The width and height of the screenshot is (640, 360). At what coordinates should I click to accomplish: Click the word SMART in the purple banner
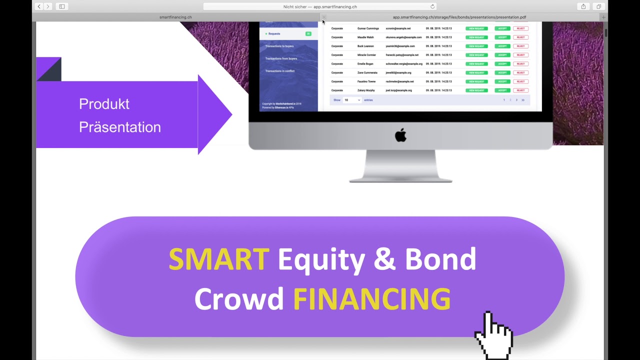[x=218, y=259]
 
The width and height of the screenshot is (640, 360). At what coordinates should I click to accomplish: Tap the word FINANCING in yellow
[x=371, y=299]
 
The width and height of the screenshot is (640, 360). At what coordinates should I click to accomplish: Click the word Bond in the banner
[x=440, y=259]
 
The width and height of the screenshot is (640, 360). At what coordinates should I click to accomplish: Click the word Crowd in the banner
[x=238, y=299]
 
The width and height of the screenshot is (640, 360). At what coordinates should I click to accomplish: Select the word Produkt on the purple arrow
[x=104, y=104]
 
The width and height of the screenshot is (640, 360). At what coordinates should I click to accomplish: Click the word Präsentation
[x=120, y=127]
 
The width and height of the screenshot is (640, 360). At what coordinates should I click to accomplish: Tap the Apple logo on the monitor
[x=400, y=135]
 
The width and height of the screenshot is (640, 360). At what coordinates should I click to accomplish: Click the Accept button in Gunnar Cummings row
[x=502, y=28]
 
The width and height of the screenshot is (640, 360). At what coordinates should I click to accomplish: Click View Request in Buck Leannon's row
[x=476, y=46]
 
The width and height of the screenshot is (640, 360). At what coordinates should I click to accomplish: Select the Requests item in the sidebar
[x=274, y=33]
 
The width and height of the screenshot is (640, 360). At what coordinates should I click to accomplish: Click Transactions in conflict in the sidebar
[x=280, y=71]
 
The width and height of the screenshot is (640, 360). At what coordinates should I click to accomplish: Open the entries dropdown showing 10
[x=352, y=100]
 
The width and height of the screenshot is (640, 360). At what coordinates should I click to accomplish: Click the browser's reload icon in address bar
[x=432, y=6]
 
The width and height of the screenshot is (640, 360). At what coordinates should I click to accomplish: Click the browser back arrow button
[x=39, y=6]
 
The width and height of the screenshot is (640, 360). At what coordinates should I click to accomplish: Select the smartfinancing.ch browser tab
[x=175, y=17]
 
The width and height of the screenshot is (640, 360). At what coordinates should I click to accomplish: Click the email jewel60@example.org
[x=398, y=72]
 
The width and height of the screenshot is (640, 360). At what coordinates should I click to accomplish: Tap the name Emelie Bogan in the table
[x=365, y=64]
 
